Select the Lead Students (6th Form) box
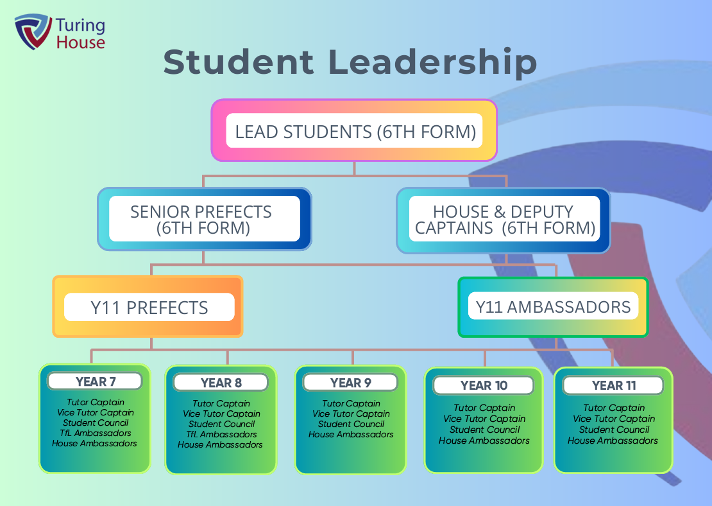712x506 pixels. pos(355,132)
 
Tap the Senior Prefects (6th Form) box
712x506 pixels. pos(204,219)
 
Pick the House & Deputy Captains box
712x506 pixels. pos(504,219)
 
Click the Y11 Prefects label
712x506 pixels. pos(149,308)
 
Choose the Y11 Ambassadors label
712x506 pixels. pos(553,307)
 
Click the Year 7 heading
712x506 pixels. pos(96,381)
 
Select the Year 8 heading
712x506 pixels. pos(221,383)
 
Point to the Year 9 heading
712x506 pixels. pos(350,383)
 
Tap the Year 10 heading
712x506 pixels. pos(484,385)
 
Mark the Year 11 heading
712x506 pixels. pos(613,385)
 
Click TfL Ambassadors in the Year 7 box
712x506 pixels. pos(96,433)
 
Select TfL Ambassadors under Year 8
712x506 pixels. pos(221,435)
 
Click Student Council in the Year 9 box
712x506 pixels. pos(351,424)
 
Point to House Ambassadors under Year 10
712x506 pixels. pos(484,441)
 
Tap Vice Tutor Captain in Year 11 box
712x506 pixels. pos(613,419)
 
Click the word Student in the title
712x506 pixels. pos(239,63)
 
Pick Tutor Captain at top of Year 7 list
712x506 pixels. pos(96,403)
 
